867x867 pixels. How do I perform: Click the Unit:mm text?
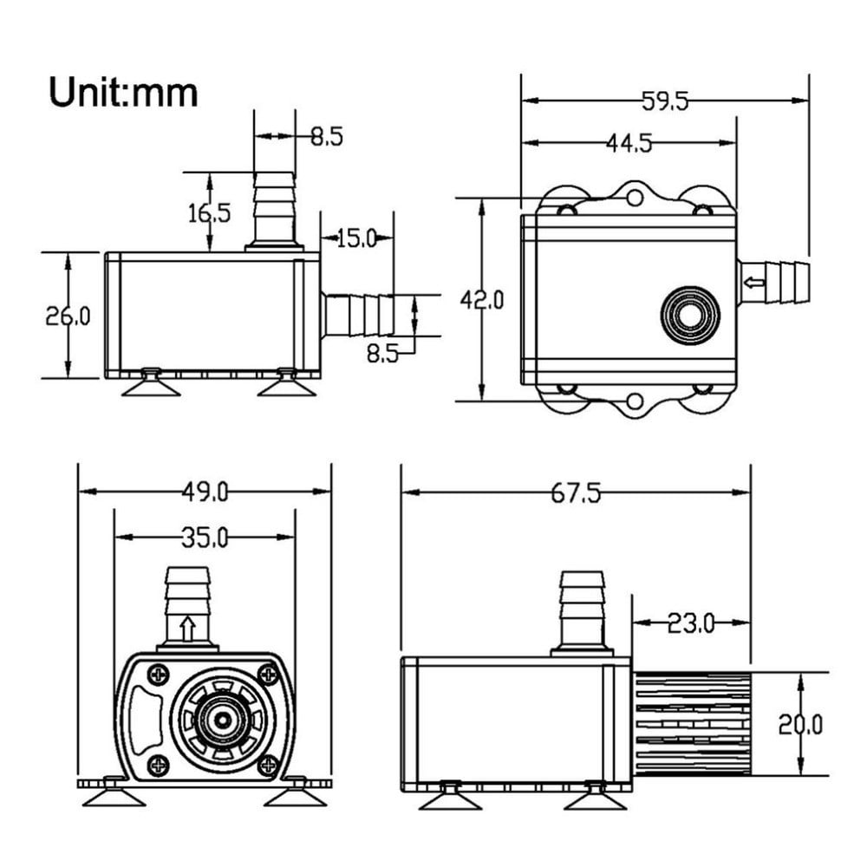[x=123, y=91]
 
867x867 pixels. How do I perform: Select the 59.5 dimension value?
[x=664, y=101]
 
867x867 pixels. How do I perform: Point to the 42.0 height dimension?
[x=481, y=300]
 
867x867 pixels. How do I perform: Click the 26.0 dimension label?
[x=68, y=316]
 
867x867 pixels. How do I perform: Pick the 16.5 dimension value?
[x=209, y=212]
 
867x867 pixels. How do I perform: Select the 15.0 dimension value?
[x=356, y=238]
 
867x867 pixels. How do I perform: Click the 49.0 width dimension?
[x=205, y=492]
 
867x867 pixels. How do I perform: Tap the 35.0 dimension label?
[x=205, y=538]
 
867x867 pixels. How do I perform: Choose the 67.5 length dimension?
[x=576, y=492]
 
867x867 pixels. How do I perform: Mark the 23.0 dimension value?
[x=691, y=623]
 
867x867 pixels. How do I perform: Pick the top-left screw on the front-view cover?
[x=159, y=674]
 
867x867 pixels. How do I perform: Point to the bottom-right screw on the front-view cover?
[x=269, y=765]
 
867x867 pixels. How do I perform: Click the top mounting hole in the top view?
[x=635, y=199]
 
